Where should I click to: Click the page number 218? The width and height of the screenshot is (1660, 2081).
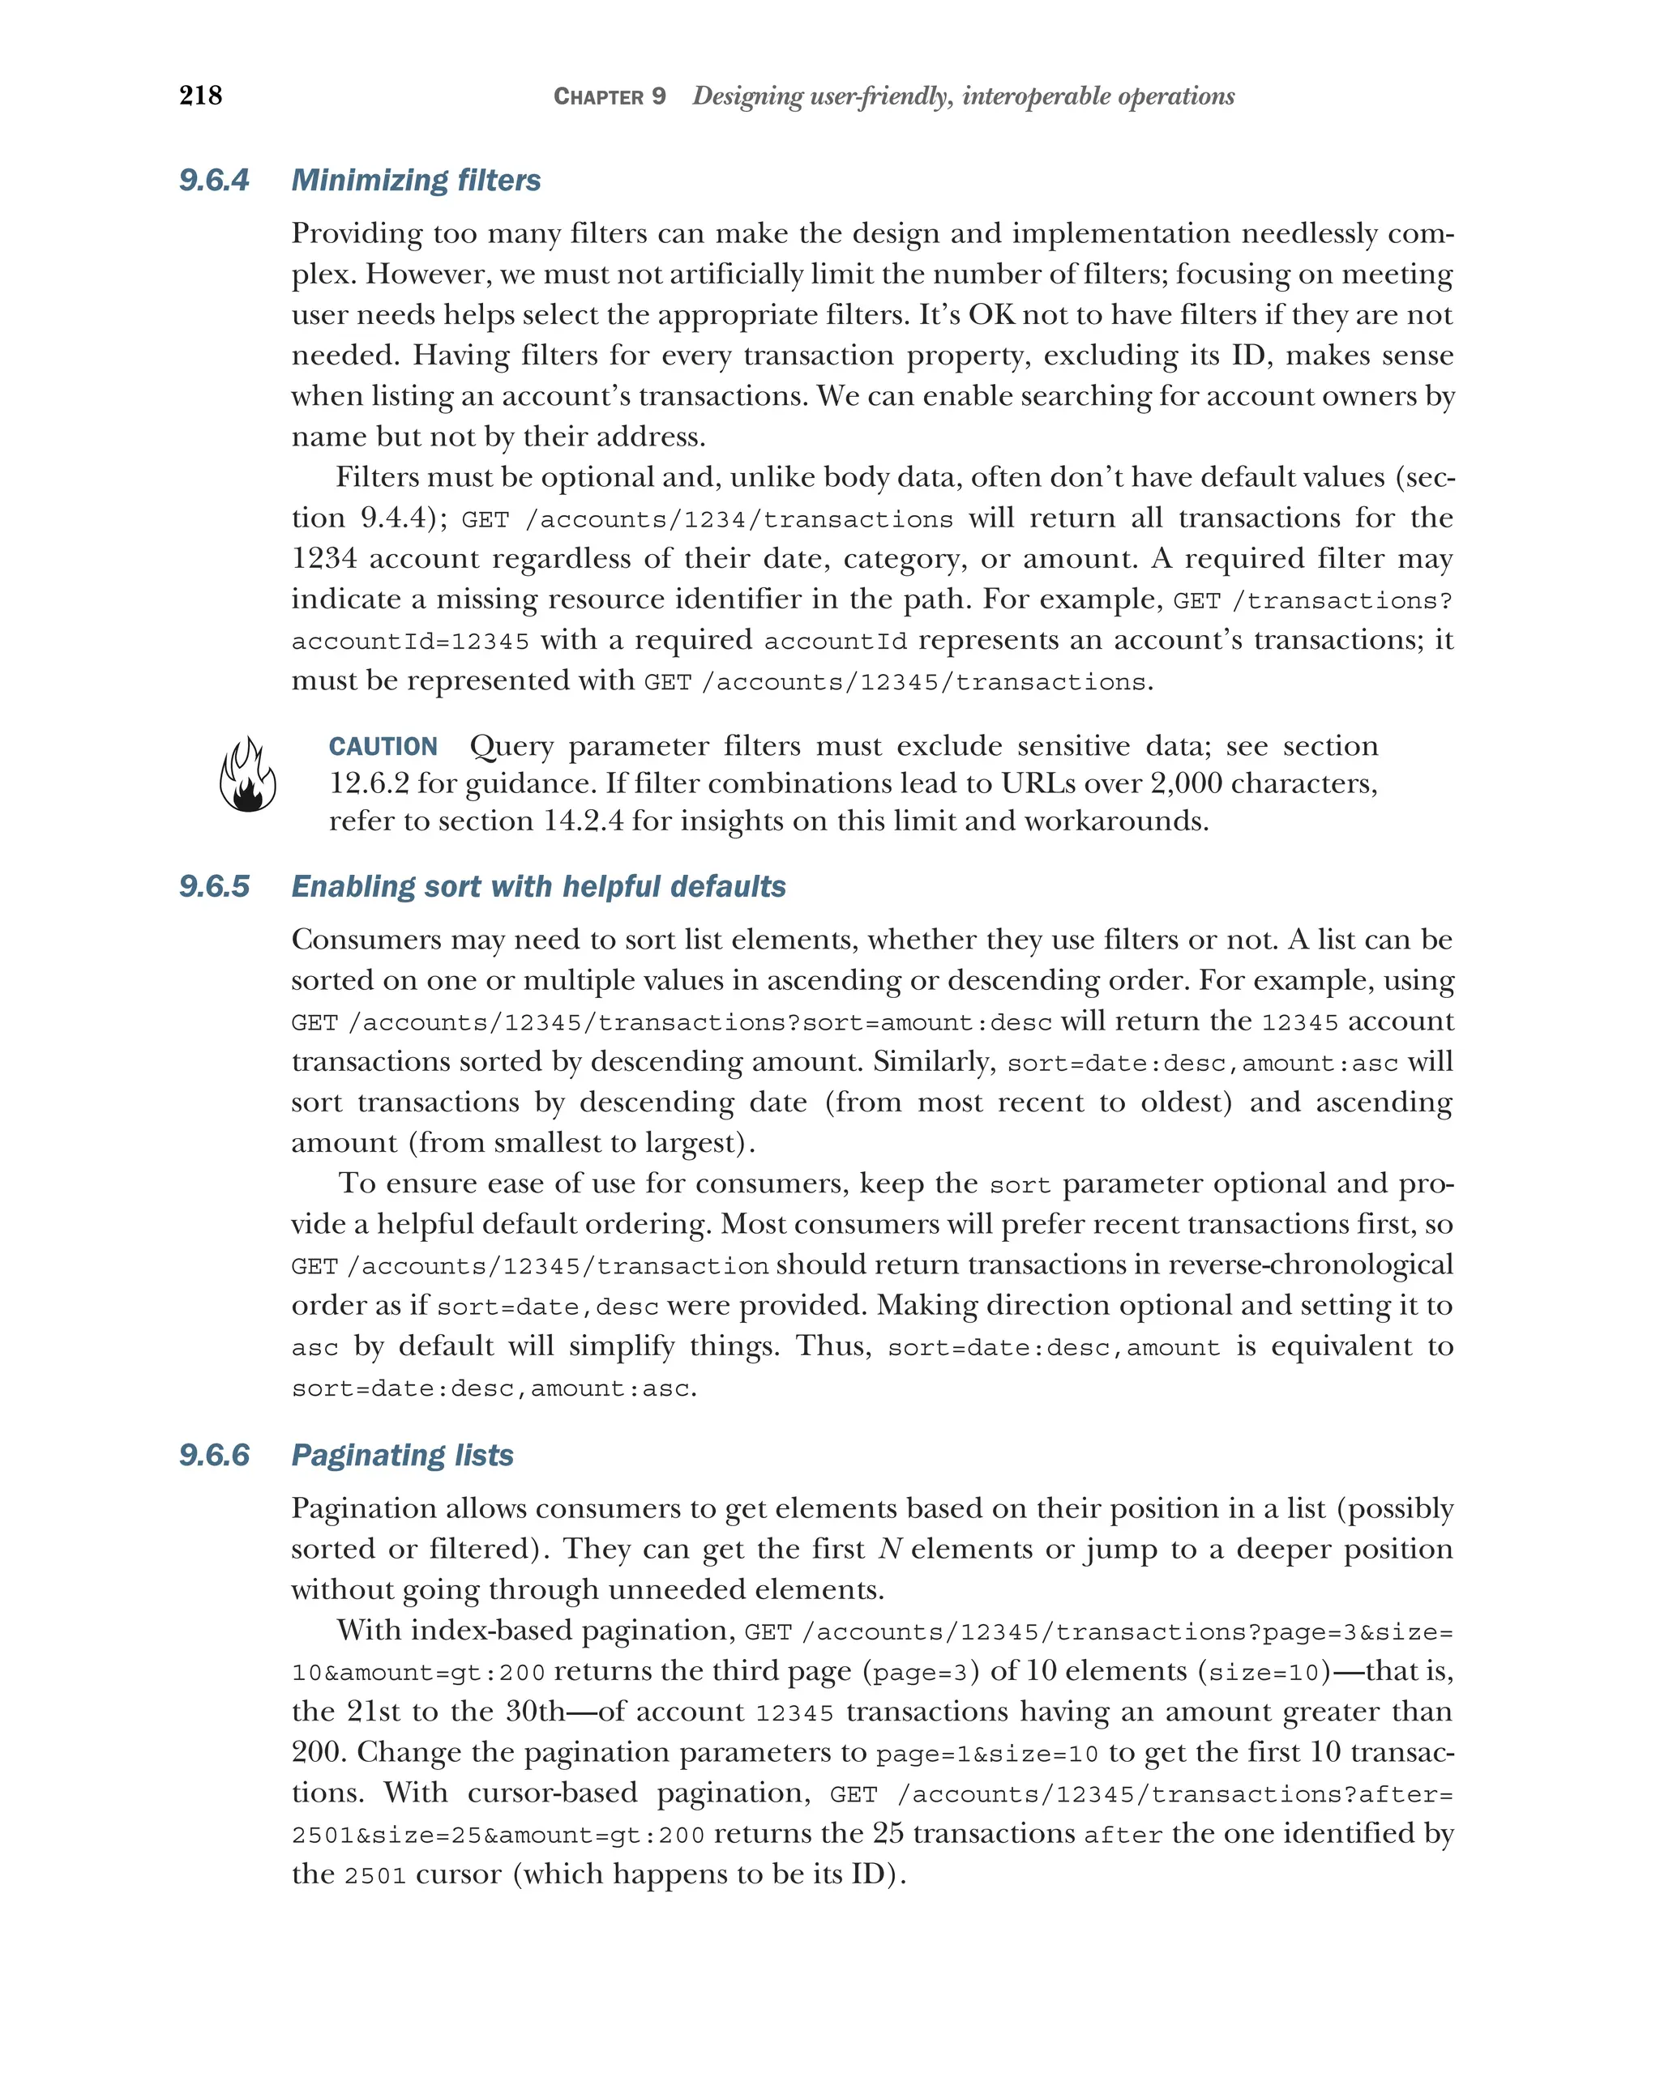pos(200,95)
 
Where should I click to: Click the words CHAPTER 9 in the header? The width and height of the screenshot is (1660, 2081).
pos(609,96)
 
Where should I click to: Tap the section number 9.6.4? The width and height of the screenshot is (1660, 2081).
pos(213,181)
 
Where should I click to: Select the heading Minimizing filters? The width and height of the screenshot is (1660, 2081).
pos(415,181)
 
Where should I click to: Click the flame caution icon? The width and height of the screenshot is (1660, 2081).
pos(247,775)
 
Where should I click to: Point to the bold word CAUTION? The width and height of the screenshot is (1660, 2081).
pos(383,746)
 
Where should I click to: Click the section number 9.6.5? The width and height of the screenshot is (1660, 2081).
pos(213,886)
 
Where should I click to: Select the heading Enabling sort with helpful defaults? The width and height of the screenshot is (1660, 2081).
pos(538,886)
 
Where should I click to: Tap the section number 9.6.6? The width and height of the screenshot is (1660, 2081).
pos(213,1455)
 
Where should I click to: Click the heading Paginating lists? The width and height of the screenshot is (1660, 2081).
pos(402,1455)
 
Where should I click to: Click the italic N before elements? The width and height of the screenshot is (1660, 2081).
pos(889,1549)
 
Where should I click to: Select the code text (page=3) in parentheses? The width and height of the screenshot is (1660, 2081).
pos(919,1671)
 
